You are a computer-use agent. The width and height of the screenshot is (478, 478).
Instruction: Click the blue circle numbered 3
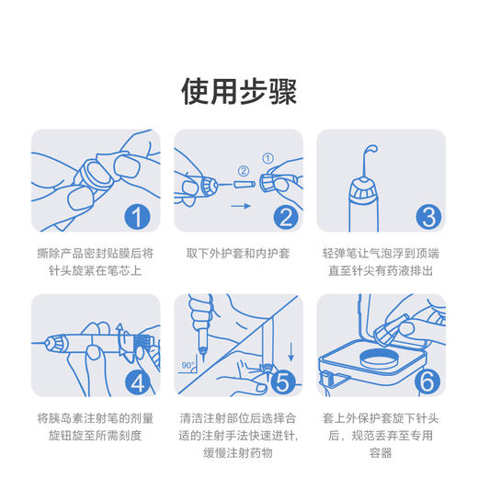tap(429, 217)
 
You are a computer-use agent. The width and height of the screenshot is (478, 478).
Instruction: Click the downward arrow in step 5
tap(291, 350)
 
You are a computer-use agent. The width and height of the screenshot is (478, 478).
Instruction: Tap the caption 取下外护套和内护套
tap(238, 252)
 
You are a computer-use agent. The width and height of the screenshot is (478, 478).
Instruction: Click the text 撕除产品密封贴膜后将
tap(96, 252)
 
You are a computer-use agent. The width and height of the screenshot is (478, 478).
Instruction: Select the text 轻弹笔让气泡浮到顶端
tap(381, 252)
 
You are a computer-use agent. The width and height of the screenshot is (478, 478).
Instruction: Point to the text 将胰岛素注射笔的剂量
tap(96, 417)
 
